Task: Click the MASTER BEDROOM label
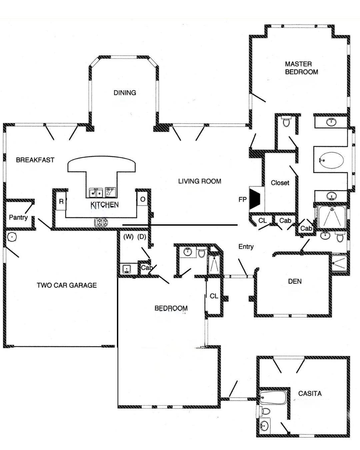(x=301, y=68)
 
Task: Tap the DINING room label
(x=125, y=93)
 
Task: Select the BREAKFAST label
(x=35, y=160)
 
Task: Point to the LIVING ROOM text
(x=199, y=181)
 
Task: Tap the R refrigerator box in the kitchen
(x=61, y=202)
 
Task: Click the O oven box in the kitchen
(x=143, y=199)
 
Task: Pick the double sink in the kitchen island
(x=96, y=193)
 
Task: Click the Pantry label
(x=18, y=217)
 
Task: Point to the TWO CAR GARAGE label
(x=67, y=285)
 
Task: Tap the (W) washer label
(x=128, y=237)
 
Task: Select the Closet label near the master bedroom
(x=280, y=183)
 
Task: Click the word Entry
(x=246, y=247)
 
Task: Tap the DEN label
(x=295, y=281)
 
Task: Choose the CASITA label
(x=310, y=393)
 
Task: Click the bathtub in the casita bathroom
(x=273, y=397)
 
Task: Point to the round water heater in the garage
(x=12, y=237)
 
